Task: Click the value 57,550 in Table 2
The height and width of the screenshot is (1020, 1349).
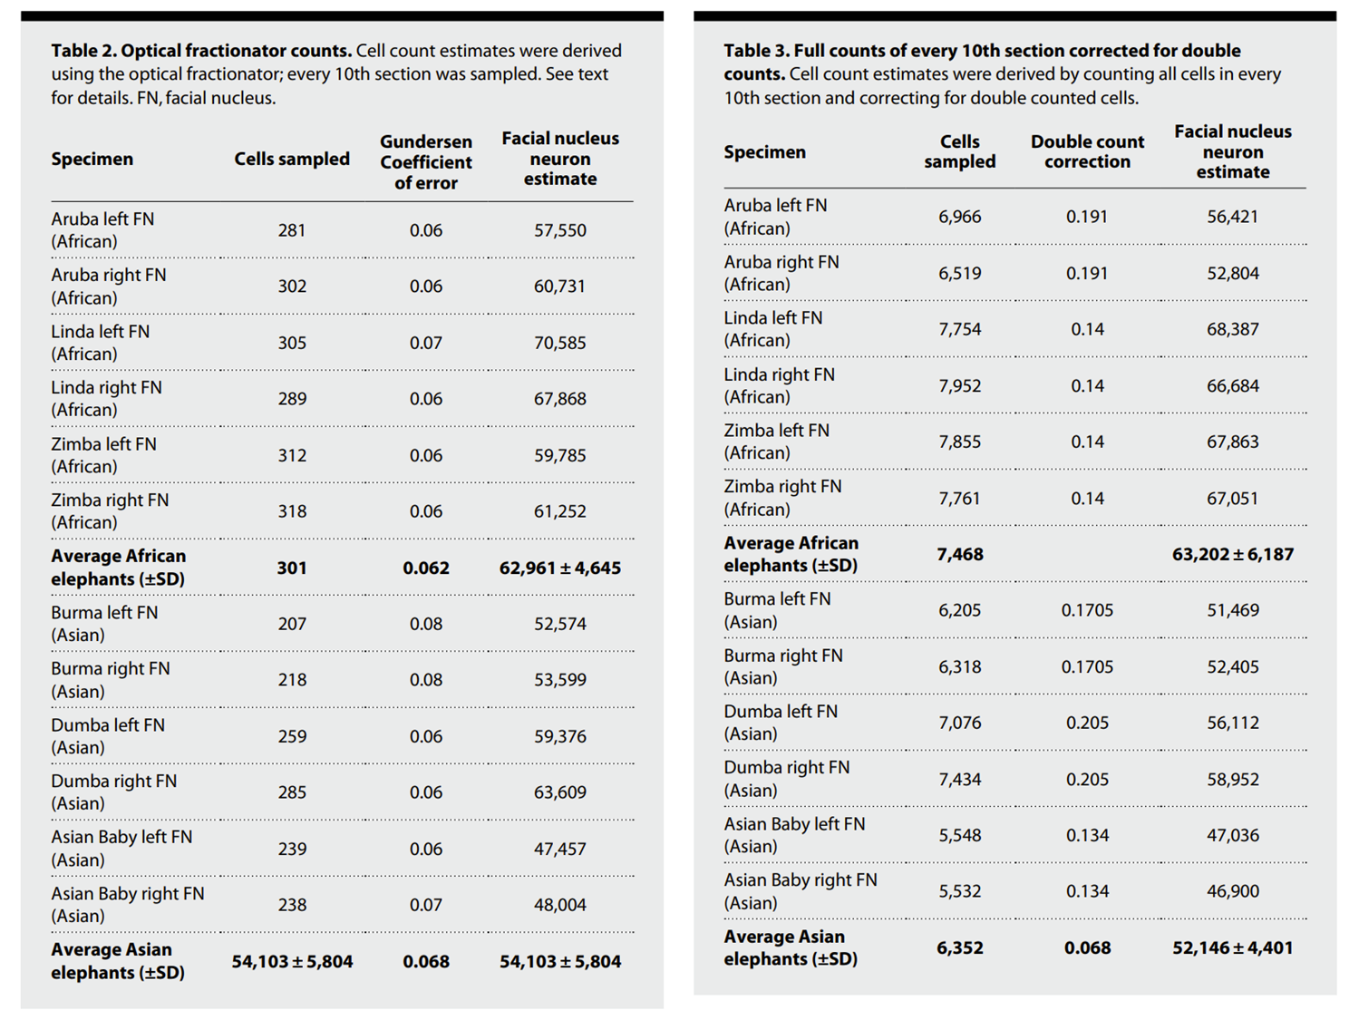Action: point(559,230)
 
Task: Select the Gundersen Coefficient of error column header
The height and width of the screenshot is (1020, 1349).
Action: point(426,162)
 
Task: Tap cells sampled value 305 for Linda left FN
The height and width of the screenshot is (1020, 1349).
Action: point(292,343)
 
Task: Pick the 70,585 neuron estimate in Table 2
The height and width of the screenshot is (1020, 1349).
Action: point(559,343)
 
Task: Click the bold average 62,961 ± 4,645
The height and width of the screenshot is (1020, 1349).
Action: point(560,568)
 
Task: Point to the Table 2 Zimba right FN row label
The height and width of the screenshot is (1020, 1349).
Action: point(110,511)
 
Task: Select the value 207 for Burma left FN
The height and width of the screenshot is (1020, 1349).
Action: point(292,624)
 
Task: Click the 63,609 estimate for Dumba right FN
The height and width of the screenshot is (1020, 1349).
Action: point(559,792)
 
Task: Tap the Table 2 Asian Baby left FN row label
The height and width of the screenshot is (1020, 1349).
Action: point(121,848)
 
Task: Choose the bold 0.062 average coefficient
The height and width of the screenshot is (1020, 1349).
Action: point(426,568)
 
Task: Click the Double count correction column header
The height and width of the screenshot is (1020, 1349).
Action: point(1087,151)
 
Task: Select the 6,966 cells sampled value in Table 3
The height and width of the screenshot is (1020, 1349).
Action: point(959,217)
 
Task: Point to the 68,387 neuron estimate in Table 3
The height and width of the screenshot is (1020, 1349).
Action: point(1232,329)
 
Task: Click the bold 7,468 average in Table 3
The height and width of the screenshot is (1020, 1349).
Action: point(960,554)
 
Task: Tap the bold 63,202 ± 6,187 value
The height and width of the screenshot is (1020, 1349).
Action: point(1232,554)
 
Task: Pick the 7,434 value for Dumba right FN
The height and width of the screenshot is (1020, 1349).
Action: point(959,779)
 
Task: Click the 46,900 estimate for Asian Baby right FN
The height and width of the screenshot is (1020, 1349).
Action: point(1232,891)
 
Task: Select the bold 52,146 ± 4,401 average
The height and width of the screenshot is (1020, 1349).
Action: point(1232,947)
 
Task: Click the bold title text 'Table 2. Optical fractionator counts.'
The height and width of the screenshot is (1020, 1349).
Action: point(201,51)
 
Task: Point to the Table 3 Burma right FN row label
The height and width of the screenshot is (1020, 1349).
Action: point(783,666)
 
